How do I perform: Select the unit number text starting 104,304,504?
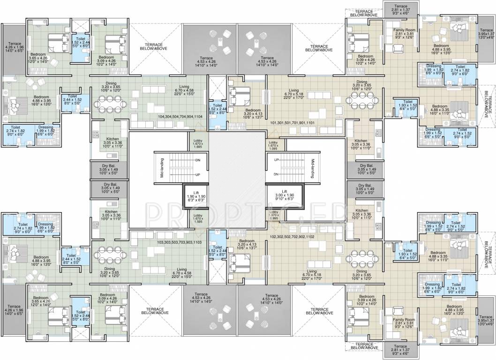point(180,115)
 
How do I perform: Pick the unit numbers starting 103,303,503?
point(180,243)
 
